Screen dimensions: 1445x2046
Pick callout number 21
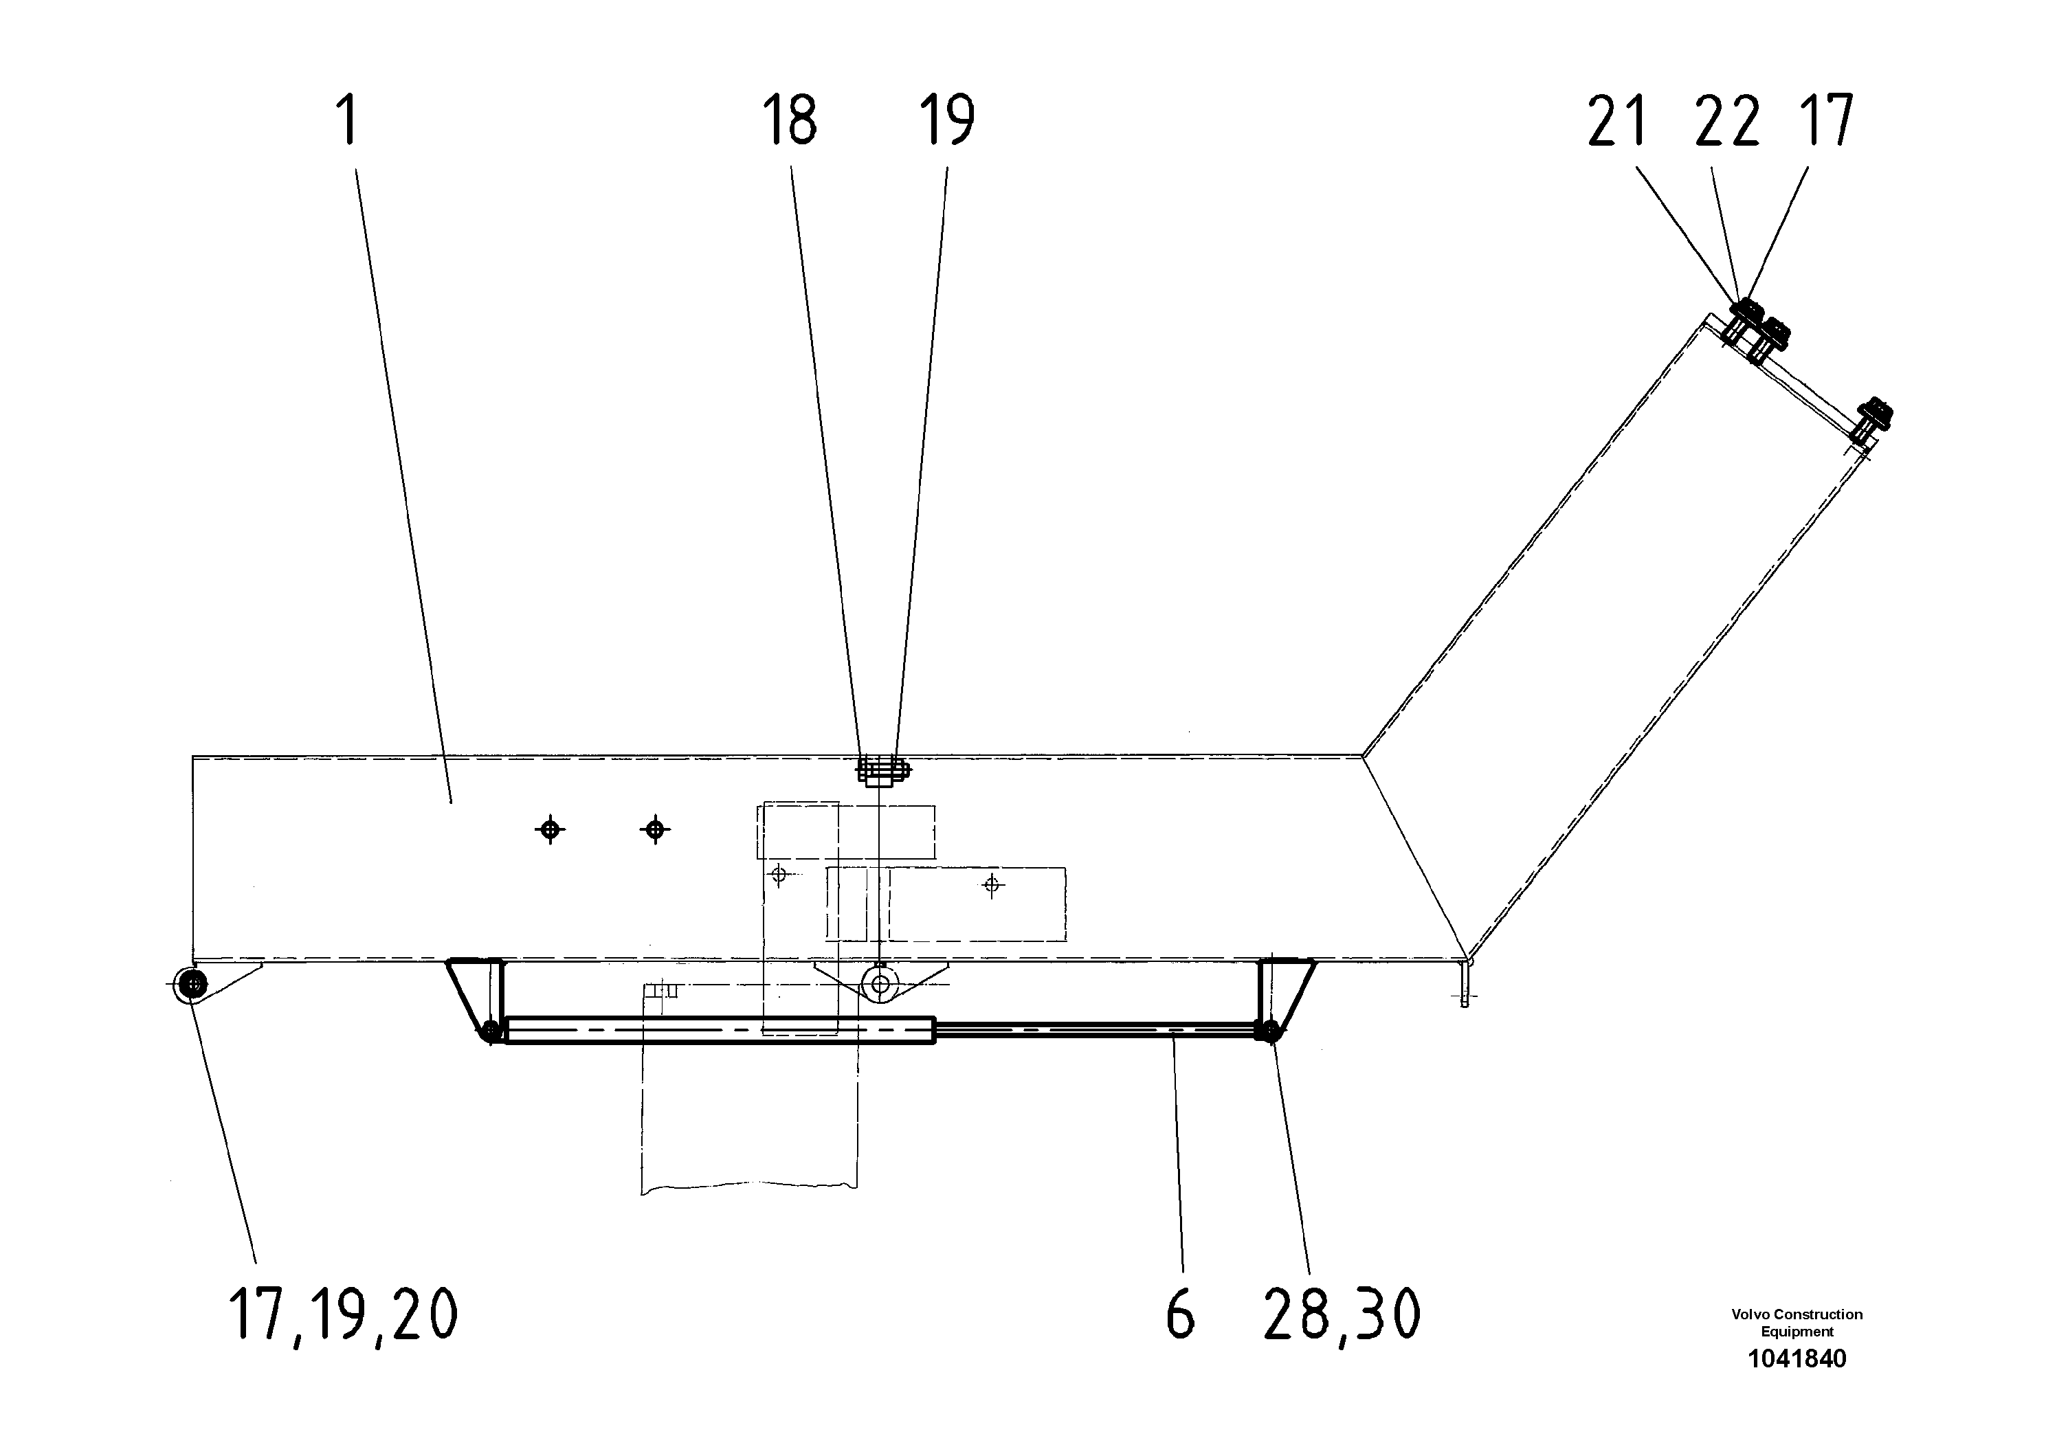(1616, 122)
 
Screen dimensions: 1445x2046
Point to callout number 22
(1727, 122)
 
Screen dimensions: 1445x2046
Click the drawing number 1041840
(1797, 1358)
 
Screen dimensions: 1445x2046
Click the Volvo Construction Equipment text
(1797, 1323)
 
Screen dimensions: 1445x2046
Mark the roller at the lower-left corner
(192, 983)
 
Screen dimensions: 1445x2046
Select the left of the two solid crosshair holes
(551, 830)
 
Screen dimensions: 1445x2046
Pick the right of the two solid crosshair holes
(656, 830)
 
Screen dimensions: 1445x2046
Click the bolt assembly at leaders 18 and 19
(881, 770)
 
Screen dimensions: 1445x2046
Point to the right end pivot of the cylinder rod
(1269, 1031)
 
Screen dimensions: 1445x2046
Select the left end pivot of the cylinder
(490, 1031)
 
